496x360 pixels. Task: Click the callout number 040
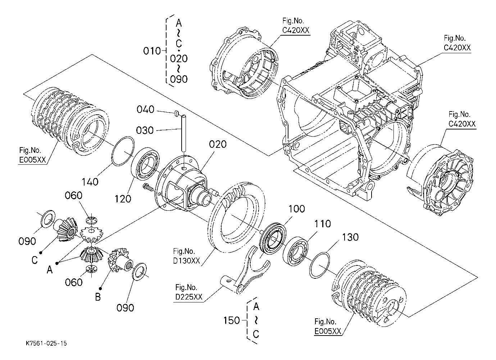(x=145, y=110)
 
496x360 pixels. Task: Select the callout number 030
(x=145, y=131)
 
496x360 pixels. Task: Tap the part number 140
(x=90, y=182)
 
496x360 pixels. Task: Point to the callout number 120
(x=123, y=199)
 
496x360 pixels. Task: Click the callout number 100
(x=297, y=209)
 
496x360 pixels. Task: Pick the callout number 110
(x=323, y=224)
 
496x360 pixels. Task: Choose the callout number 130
(x=350, y=237)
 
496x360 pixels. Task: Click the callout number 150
(x=231, y=320)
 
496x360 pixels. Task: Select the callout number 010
(x=152, y=51)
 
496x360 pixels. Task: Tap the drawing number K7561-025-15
(x=46, y=343)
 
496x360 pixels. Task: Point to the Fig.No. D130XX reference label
(x=186, y=256)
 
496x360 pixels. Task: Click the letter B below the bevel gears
(x=97, y=297)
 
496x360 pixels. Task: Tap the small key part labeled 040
(x=177, y=113)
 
